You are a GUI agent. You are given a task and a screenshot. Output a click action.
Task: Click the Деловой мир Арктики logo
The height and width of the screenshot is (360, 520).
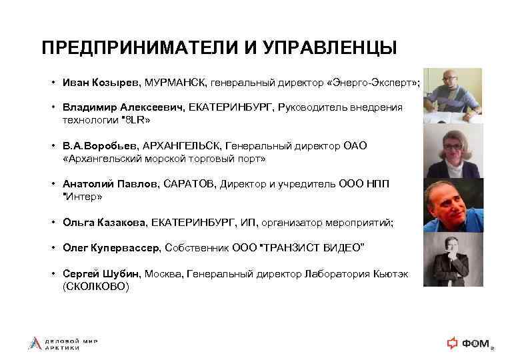pos(63,343)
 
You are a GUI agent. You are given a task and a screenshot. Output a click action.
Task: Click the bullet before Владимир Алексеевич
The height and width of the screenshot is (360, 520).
pos(52,107)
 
